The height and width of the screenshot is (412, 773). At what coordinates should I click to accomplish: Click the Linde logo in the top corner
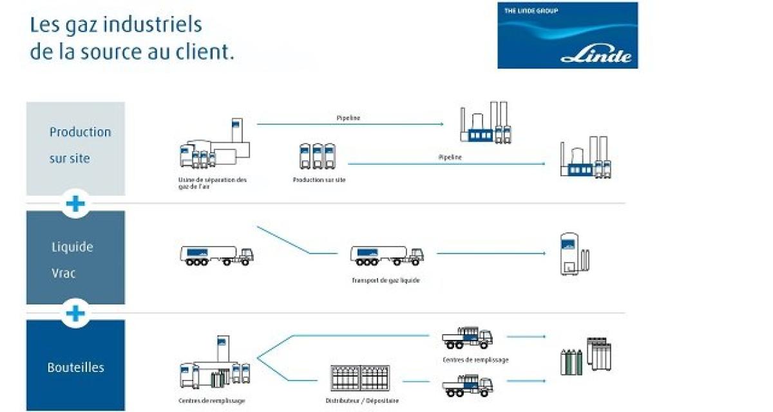pos(568,35)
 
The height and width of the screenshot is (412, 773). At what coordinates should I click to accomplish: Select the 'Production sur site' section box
pos(75,148)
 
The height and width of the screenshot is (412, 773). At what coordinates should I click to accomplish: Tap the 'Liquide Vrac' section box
pos(75,257)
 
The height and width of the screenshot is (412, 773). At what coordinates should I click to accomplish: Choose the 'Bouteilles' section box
pos(75,365)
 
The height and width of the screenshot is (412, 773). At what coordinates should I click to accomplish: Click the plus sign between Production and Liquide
pos(75,204)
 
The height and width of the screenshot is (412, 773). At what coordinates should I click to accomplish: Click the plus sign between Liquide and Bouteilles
pos(75,314)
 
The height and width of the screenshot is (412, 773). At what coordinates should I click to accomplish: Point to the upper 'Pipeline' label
pos(348,118)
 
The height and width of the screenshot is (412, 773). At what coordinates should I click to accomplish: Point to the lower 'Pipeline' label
pos(450,157)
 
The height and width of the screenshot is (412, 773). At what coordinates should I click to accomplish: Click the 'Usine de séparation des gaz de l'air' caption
pos(213,183)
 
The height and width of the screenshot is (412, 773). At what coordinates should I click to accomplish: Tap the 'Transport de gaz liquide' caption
pos(386,280)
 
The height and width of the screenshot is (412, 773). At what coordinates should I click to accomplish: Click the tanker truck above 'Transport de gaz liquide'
pos(386,255)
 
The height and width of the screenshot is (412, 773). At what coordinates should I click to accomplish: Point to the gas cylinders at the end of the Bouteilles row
pos(586,356)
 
